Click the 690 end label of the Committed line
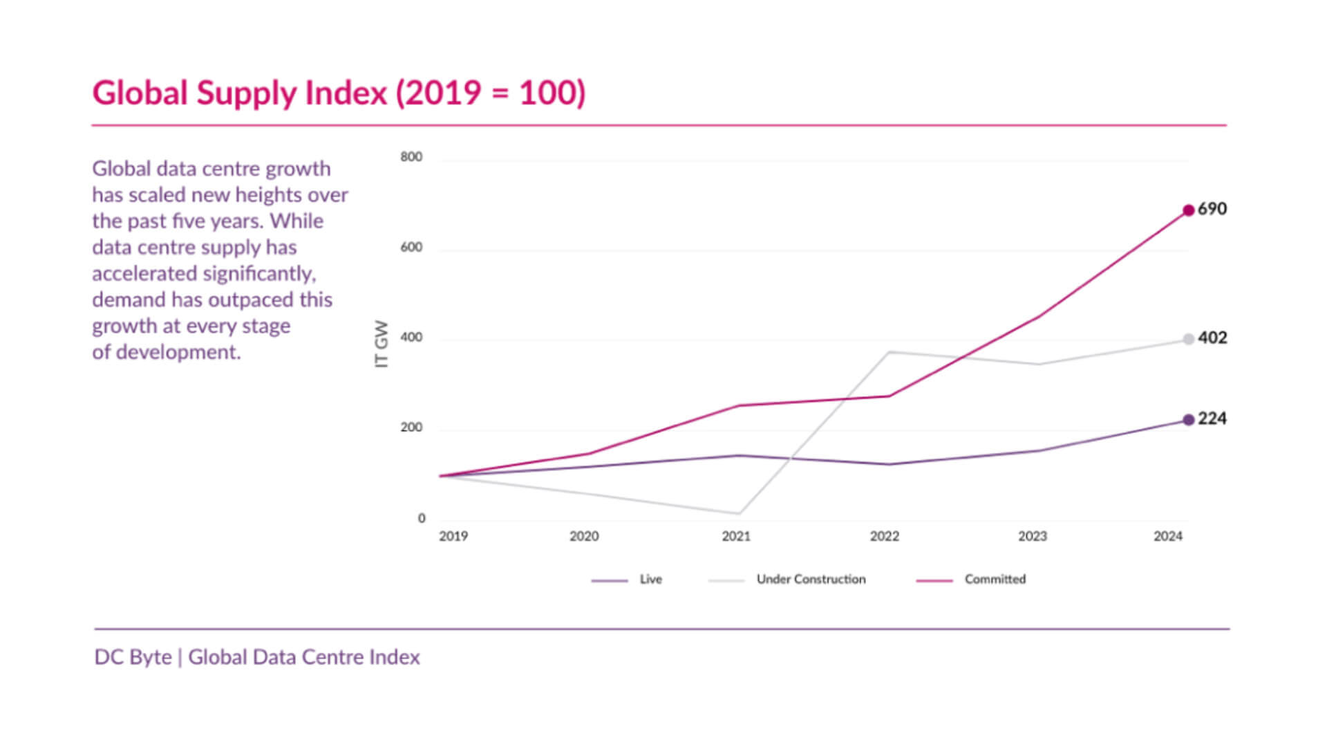tap(1212, 209)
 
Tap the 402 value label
tap(1212, 338)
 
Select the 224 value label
tap(1212, 418)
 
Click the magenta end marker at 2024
tap(1188, 210)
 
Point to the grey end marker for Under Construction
tap(1188, 339)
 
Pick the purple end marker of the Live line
tap(1188, 420)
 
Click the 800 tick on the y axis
tap(411, 157)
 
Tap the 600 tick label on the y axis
tap(411, 248)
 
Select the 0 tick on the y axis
tap(422, 518)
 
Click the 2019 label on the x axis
tap(453, 536)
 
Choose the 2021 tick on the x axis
tap(736, 536)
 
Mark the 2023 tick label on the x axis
tap(1033, 536)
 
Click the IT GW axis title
tap(381, 344)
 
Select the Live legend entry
tap(650, 580)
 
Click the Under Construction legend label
tap(811, 580)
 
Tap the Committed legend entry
tap(995, 580)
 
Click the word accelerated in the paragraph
tap(144, 274)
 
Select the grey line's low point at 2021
tap(738, 513)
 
